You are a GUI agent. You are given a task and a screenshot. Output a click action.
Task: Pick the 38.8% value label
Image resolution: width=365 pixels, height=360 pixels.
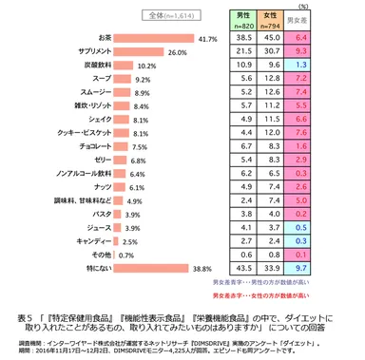click(x=202, y=269)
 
